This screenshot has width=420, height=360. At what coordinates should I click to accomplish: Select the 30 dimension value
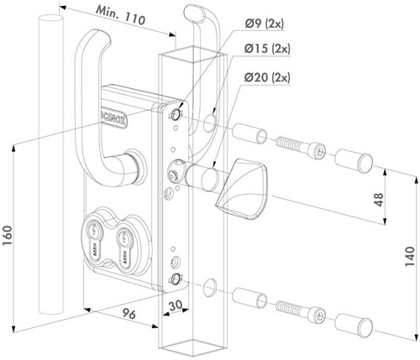[x=175, y=307]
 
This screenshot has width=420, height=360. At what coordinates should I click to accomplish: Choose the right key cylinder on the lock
[x=127, y=238]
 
